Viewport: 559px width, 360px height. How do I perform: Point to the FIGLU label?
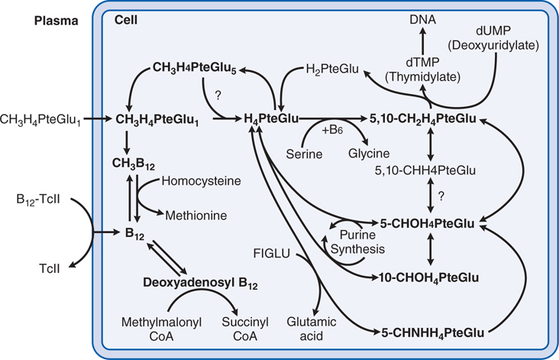coord(273,251)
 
